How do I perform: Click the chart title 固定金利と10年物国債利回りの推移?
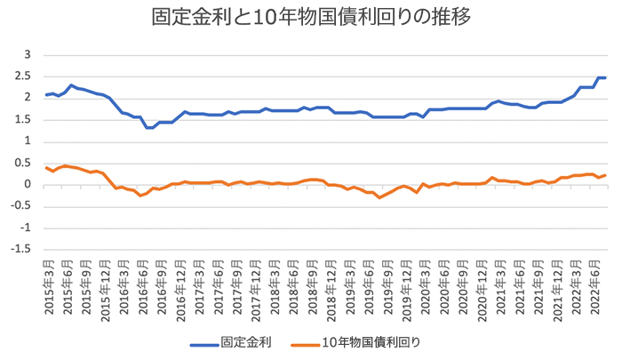[x=311, y=19]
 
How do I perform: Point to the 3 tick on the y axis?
[x=28, y=55]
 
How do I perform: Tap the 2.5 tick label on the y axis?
[x=24, y=76]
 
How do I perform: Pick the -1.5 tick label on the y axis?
[x=22, y=250]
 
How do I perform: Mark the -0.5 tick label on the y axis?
[x=22, y=206]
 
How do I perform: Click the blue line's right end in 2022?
[x=605, y=78]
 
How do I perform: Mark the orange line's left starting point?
[x=46, y=167]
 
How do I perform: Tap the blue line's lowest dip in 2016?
[x=150, y=127]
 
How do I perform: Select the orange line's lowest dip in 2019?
[x=380, y=197]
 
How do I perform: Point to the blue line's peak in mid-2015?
[x=71, y=85]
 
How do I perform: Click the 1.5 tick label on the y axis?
[x=24, y=120]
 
